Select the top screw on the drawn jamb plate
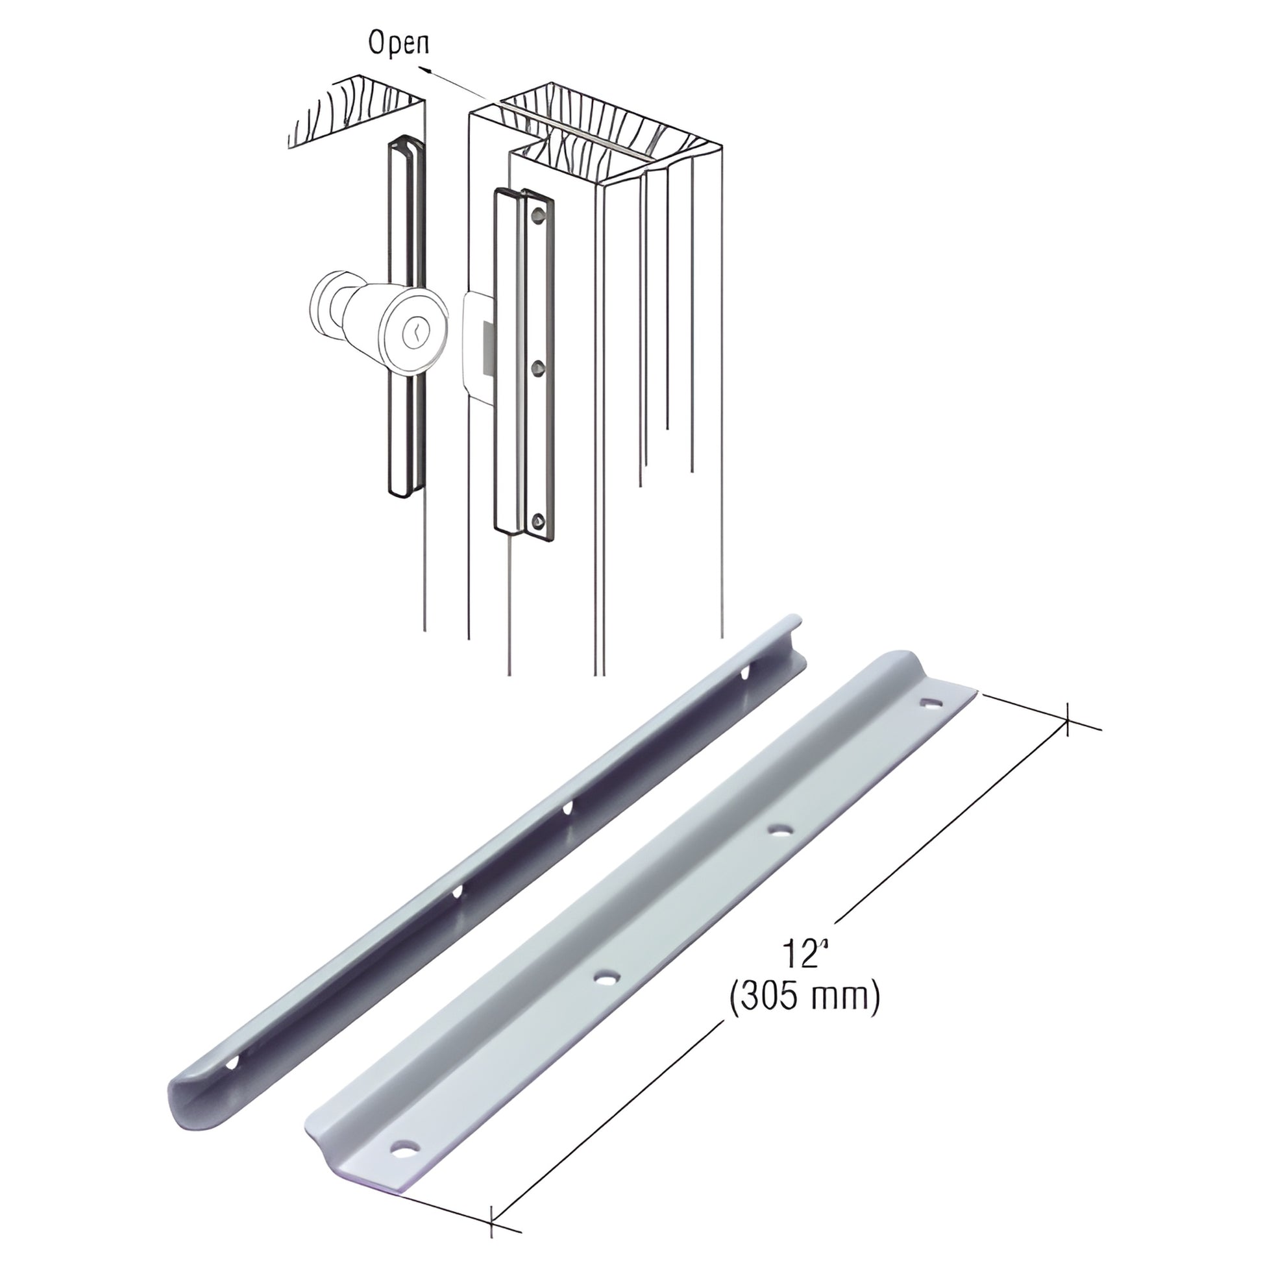(x=537, y=214)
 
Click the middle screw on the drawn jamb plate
(x=537, y=367)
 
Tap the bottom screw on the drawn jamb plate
(x=537, y=521)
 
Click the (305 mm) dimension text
(x=803, y=998)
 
